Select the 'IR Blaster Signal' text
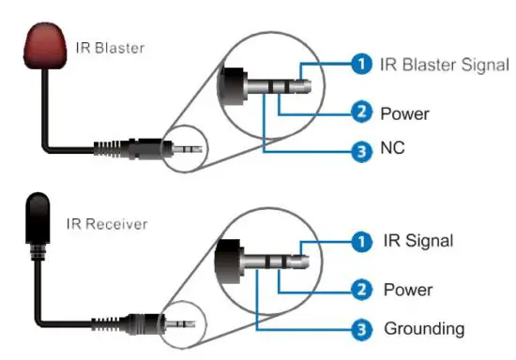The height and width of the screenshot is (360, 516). click(x=444, y=65)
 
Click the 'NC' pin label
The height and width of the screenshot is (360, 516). click(x=393, y=149)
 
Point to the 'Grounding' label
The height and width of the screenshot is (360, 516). click(x=423, y=328)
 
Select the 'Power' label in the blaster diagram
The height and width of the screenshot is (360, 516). click(x=404, y=114)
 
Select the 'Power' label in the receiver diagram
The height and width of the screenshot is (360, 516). click(x=408, y=289)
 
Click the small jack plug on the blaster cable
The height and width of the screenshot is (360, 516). click(x=178, y=148)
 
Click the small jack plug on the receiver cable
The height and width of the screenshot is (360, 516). click(x=178, y=322)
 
